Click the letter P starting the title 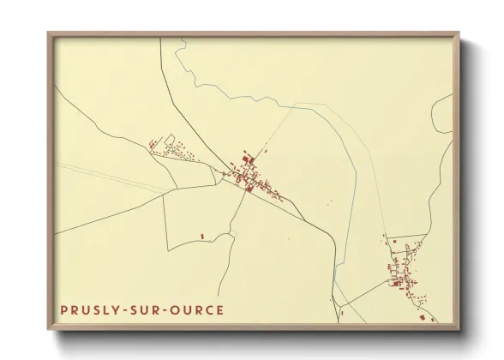pyautogui.click(x=64, y=310)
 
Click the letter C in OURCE pyautogui.click(x=209, y=310)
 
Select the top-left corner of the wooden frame pyautogui.click(x=49, y=33)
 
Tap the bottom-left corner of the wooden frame pyautogui.click(x=49, y=329)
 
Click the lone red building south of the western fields pyautogui.click(x=202, y=236)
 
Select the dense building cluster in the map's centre pyautogui.click(x=252, y=176)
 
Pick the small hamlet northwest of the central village pyautogui.click(x=171, y=150)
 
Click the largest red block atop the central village pyautogui.click(x=248, y=159)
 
